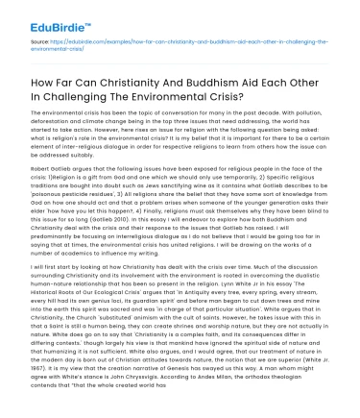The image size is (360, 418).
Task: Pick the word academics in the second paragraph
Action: (108, 242)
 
